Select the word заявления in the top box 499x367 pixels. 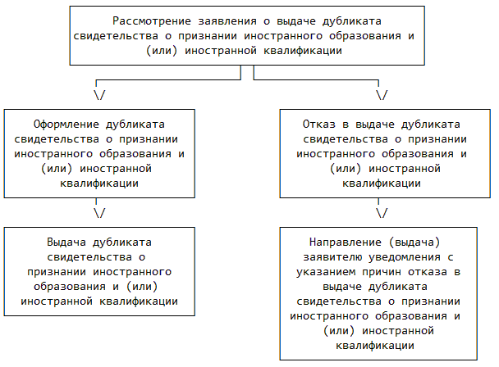220,20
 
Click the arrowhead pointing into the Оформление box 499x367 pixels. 99,95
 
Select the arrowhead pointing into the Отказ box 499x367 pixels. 382,95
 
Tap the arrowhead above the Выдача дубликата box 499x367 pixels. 99,213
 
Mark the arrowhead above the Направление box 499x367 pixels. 382,213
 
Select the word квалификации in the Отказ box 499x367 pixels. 381,183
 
